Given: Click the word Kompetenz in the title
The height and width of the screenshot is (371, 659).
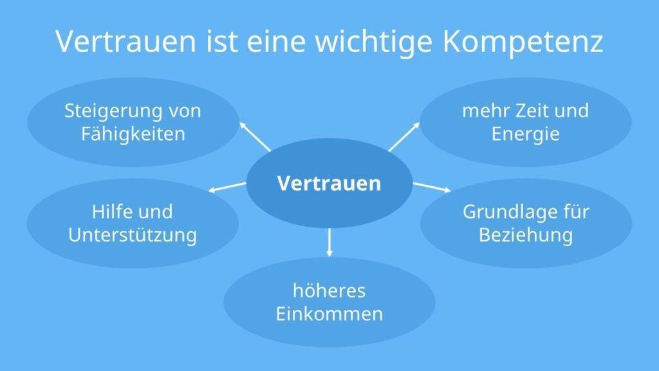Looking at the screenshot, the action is click(523, 42).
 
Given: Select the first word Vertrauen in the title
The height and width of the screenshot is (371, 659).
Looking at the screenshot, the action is click(126, 41).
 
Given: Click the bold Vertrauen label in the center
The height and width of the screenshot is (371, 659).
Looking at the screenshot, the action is click(329, 184).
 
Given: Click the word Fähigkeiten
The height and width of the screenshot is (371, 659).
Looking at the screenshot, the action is click(133, 134).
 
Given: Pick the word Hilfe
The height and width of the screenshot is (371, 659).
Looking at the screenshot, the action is click(111, 211).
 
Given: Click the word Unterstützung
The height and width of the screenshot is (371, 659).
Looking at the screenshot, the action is click(133, 235).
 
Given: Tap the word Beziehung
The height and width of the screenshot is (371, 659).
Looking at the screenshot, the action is click(526, 235).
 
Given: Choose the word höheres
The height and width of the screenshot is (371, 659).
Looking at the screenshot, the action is click(329, 290).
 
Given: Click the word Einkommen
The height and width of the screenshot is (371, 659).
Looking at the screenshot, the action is click(329, 314).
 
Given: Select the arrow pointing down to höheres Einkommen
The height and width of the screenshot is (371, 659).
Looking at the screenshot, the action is click(329, 243).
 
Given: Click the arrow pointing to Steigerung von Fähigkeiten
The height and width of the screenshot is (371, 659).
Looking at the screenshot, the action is click(255, 137).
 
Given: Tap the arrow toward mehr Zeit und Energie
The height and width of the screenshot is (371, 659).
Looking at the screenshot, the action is click(404, 137).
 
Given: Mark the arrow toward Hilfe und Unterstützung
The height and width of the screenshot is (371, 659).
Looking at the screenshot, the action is click(227, 187).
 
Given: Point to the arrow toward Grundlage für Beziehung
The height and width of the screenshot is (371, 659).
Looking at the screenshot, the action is click(432, 187).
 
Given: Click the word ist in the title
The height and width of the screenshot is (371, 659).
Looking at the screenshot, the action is click(221, 42).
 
